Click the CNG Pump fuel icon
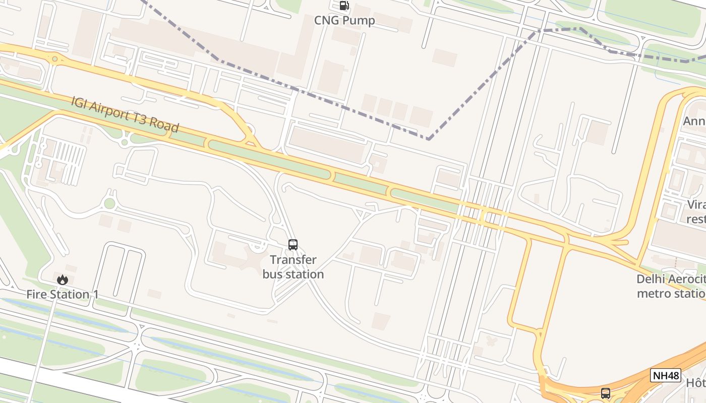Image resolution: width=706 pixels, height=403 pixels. click(344, 6)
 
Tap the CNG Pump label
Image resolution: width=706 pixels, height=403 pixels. click(344, 21)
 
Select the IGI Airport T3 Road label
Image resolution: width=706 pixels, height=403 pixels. click(125, 114)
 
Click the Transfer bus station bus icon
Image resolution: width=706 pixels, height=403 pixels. click(293, 245)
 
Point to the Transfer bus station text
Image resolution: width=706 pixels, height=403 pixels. click(293, 267)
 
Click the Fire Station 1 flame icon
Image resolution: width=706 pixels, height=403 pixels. click(63, 280)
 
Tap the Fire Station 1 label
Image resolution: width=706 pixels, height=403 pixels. click(63, 294)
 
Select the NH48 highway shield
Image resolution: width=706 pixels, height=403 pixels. click(666, 375)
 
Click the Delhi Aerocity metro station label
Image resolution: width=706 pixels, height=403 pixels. click(671, 286)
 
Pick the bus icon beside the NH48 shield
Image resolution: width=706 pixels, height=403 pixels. click(606, 393)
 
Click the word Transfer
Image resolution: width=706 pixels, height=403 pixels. click(293, 260)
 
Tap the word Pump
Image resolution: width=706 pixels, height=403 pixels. click(360, 21)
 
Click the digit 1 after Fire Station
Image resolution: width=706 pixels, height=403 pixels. click(95, 294)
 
